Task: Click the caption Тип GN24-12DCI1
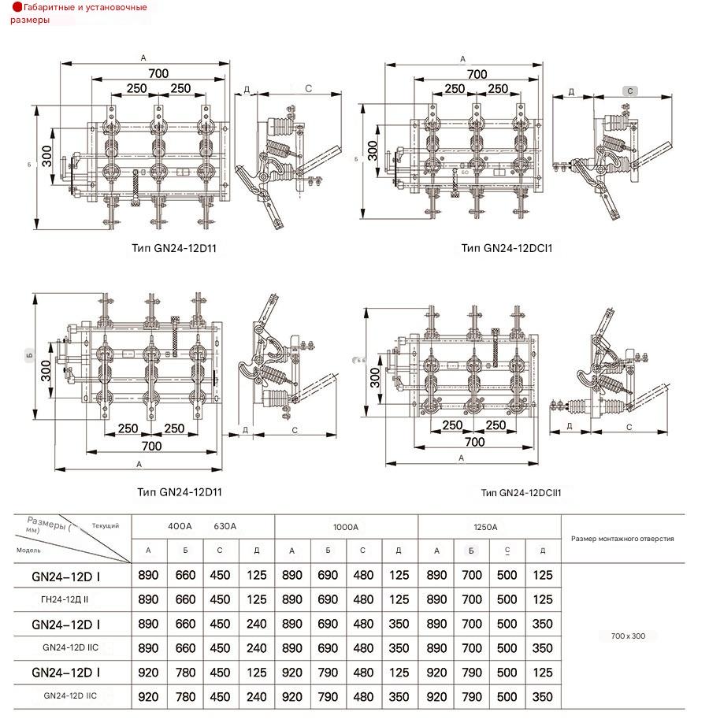tap(507, 247)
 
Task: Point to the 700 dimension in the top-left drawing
tap(158, 73)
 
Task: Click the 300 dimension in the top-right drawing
tap(373, 150)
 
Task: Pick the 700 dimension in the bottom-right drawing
tap(474, 442)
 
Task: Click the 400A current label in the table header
tap(180, 526)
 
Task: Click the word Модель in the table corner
tap(28, 550)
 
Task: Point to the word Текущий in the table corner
tap(106, 525)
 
